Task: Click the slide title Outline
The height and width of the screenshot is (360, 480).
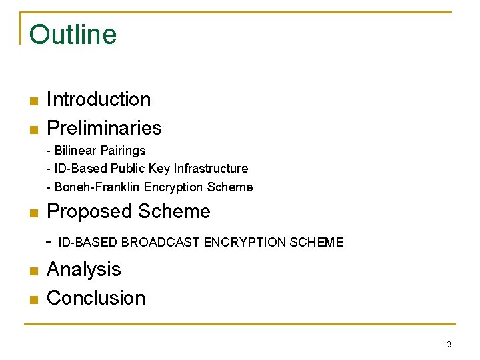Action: point(73,35)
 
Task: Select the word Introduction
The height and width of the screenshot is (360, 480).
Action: point(99,99)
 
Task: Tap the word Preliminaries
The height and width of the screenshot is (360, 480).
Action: point(104,127)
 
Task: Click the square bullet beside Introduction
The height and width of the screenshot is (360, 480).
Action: point(33,101)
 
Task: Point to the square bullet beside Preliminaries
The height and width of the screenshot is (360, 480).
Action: point(33,129)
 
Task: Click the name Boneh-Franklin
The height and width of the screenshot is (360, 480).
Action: point(97,187)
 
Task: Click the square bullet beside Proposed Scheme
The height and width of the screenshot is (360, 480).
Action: point(33,213)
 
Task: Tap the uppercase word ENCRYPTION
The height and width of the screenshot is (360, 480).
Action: point(246,243)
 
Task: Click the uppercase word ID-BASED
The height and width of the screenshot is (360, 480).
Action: point(89,243)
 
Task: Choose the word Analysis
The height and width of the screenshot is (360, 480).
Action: point(84,269)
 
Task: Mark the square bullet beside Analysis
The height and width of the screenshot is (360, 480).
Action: point(33,271)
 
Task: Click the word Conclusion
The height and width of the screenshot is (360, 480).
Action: point(96,297)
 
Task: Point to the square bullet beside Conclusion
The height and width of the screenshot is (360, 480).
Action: point(33,299)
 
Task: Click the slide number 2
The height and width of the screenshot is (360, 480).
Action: point(449,345)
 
